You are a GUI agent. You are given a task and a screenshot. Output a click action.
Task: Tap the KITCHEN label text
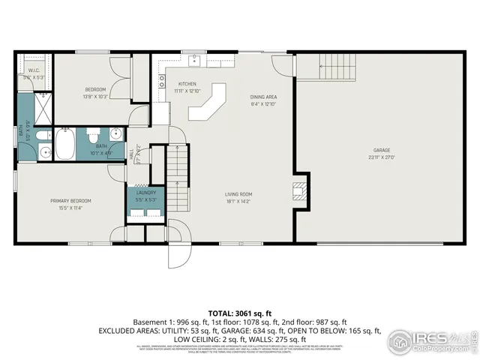[187, 83]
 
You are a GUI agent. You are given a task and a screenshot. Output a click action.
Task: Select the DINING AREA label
[263, 97]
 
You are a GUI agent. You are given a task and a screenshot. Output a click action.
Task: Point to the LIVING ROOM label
[239, 194]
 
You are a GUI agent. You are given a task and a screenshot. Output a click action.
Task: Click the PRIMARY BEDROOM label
[71, 200]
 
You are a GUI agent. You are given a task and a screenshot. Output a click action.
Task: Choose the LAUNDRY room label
[145, 193]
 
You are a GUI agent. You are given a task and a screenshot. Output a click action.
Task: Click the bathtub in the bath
[65, 144]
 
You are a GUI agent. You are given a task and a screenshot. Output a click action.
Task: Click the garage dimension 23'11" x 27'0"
[379, 157]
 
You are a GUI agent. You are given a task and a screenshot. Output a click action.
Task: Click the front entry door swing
[179, 232]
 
